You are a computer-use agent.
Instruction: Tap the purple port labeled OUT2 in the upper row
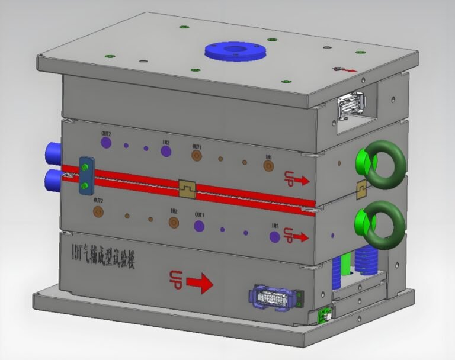106,142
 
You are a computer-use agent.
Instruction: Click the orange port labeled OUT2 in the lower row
98,211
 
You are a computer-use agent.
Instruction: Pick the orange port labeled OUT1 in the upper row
196,155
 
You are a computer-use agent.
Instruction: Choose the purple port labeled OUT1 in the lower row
198,225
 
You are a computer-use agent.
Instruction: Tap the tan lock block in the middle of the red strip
187,188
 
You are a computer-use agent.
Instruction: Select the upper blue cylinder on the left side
52,153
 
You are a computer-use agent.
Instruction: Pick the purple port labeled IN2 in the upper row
166,152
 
